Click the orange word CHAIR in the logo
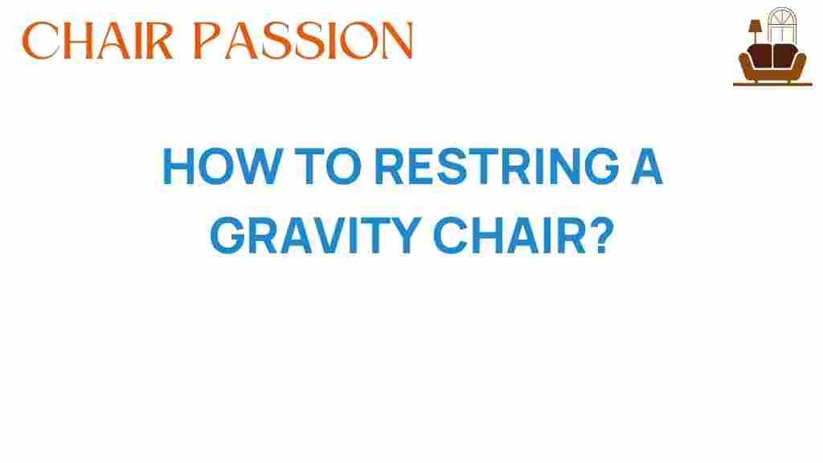97,40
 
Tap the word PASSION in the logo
303,40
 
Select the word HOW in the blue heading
223,166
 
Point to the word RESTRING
497,166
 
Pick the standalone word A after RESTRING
646,166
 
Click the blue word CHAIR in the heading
509,236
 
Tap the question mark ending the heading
601,236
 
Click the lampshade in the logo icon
755,26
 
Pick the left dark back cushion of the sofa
760,55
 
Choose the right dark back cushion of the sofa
785,55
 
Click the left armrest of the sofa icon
745,64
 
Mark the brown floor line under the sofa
772,84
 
